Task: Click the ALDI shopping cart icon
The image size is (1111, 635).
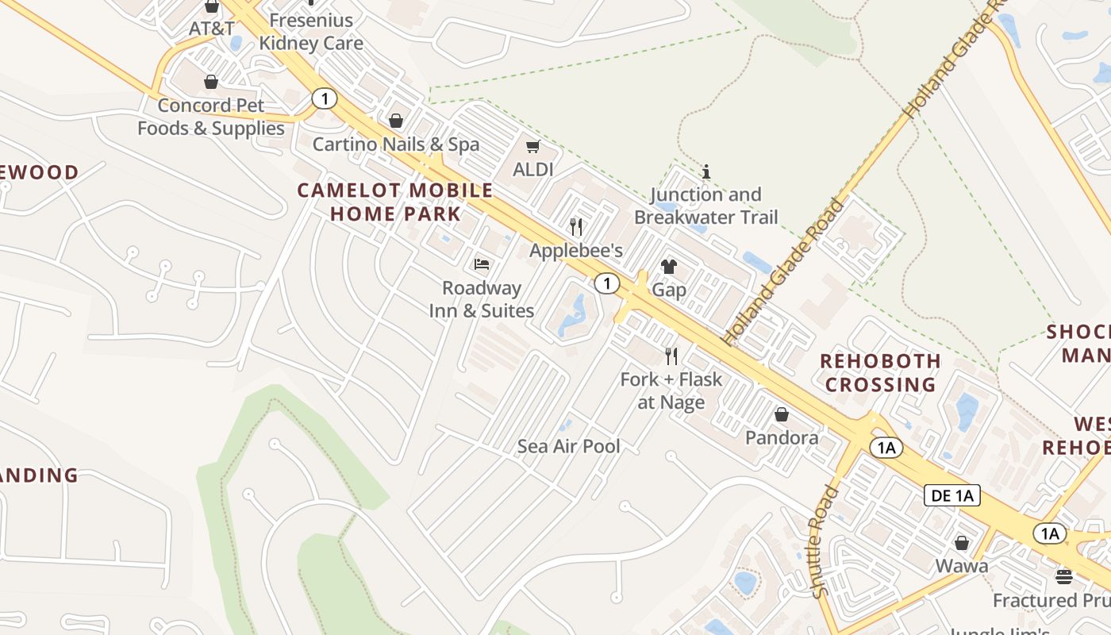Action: click(532, 146)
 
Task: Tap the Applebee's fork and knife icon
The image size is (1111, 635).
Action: click(576, 227)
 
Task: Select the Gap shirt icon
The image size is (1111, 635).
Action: click(669, 267)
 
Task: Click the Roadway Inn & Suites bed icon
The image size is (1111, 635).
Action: click(482, 264)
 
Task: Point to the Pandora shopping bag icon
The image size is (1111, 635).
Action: click(782, 414)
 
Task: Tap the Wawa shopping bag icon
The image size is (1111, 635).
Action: click(962, 543)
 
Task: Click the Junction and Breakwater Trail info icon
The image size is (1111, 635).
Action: click(706, 171)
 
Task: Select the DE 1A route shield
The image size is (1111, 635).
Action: click(952, 496)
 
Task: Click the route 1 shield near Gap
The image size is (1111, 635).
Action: click(607, 283)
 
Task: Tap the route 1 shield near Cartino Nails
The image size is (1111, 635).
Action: click(324, 99)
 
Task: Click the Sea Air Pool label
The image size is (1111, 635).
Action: click(569, 446)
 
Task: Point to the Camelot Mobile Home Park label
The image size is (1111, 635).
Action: click(395, 202)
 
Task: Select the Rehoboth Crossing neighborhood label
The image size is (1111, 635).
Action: click(880, 372)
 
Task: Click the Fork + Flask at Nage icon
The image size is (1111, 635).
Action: click(671, 355)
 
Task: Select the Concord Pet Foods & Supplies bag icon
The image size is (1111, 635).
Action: click(211, 82)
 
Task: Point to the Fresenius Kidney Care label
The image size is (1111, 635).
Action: click(311, 31)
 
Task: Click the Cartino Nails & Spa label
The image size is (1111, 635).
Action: click(396, 144)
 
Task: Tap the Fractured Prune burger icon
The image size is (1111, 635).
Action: click(1064, 575)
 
